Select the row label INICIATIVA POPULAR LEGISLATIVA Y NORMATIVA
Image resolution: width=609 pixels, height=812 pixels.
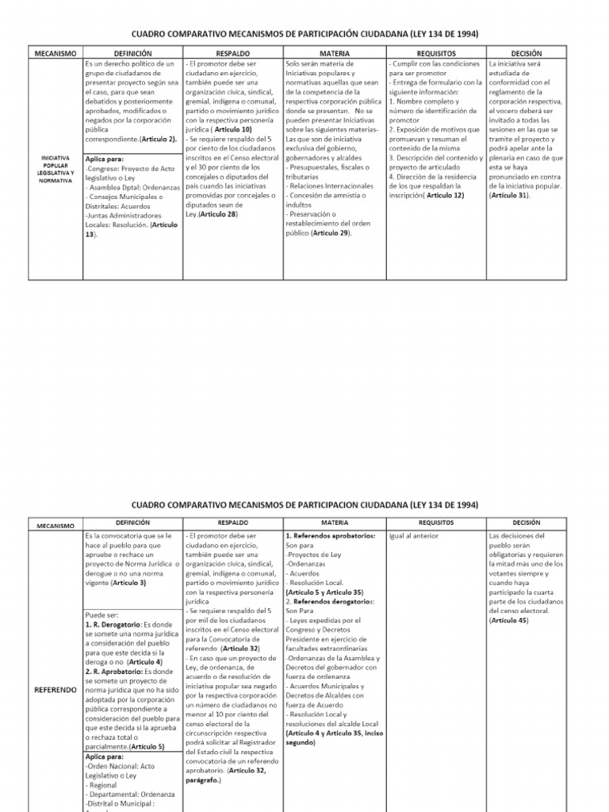click(56, 170)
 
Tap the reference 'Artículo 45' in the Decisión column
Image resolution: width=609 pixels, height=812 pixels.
click(511, 619)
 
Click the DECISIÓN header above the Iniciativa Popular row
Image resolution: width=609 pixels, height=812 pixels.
click(527, 52)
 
